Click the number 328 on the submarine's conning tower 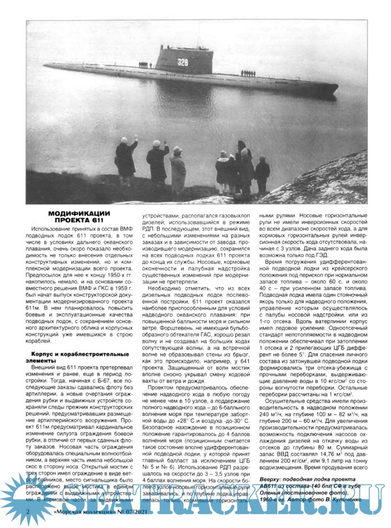click(183, 62)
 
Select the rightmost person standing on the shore click(262, 174)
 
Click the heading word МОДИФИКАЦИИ click(78, 213)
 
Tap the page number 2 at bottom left click(28, 512)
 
